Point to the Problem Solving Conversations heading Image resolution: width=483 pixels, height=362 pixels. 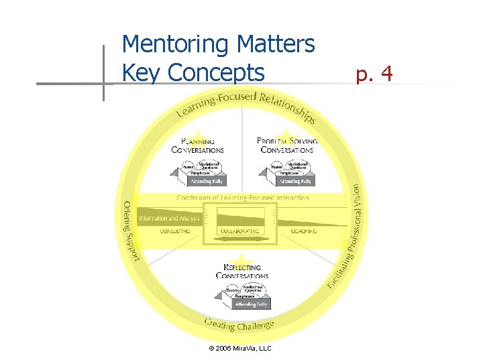pos(287,145)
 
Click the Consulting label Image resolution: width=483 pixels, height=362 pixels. pos(174,231)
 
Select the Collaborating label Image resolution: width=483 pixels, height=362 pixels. pos(241,231)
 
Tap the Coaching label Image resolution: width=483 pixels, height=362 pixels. pos(303,231)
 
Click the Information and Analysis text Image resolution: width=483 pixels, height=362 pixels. pos(168,218)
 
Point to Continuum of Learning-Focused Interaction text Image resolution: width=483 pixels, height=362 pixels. pos(243,198)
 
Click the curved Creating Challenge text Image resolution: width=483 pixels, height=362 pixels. pos(239,325)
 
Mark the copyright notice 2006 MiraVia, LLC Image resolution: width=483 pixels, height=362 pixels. pos(240,348)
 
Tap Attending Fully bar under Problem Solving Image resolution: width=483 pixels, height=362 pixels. pos(295,181)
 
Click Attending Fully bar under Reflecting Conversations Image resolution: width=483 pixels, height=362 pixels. pos(251,304)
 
